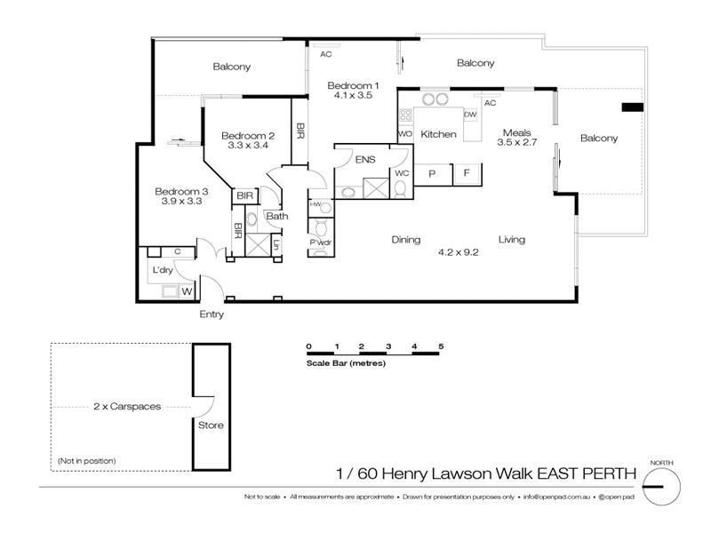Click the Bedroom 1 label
point(353,84)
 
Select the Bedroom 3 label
point(181,190)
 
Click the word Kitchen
point(438,134)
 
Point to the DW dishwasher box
point(471,115)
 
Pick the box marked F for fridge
point(467,174)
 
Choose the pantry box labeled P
point(432,174)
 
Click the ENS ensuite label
point(363,160)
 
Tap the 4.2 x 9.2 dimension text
point(459,251)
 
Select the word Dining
point(406,239)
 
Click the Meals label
point(515,130)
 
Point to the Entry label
point(212,314)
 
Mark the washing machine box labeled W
point(188,290)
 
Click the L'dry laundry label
point(163,269)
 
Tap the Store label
point(211,425)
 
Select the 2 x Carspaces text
point(126,406)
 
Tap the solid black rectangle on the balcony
point(631,108)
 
